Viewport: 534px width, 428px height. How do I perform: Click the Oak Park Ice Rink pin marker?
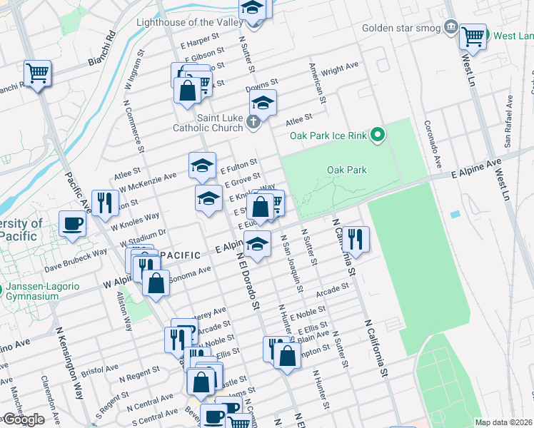(x=379, y=134)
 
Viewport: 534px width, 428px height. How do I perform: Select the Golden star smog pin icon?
(x=450, y=28)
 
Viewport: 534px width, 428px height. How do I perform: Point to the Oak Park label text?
(x=346, y=170)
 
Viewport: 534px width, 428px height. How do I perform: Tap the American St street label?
(x=317, y=82)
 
